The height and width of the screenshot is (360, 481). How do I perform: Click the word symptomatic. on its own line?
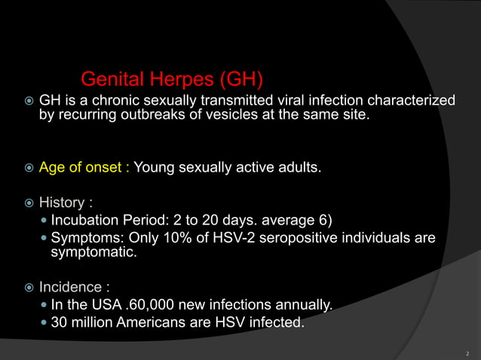93,254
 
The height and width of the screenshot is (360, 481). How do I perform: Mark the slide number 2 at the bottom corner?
467,352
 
